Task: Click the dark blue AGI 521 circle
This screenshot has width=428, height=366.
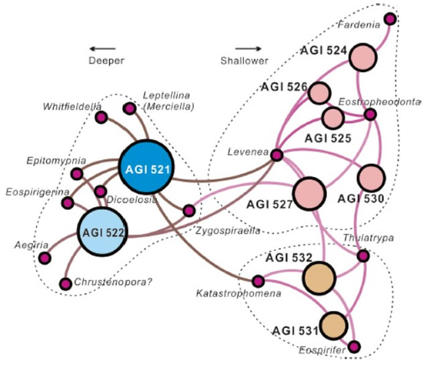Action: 146,168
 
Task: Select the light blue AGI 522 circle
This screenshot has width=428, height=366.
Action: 102,231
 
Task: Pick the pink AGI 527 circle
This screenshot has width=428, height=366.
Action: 312,194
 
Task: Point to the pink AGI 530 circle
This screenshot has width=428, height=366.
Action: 371,178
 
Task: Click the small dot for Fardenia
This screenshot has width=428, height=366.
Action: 389,19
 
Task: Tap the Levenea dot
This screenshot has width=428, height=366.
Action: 276,155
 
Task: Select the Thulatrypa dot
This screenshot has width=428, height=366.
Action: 363,256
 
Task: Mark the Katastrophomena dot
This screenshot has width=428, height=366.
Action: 258,282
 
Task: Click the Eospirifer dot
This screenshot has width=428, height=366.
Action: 355,347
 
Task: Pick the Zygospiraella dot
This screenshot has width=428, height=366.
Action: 189,211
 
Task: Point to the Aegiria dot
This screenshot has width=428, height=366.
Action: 45,258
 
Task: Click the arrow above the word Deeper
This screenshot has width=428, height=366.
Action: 101,48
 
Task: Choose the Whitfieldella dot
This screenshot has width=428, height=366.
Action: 101,117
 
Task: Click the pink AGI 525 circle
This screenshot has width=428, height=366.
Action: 333,118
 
